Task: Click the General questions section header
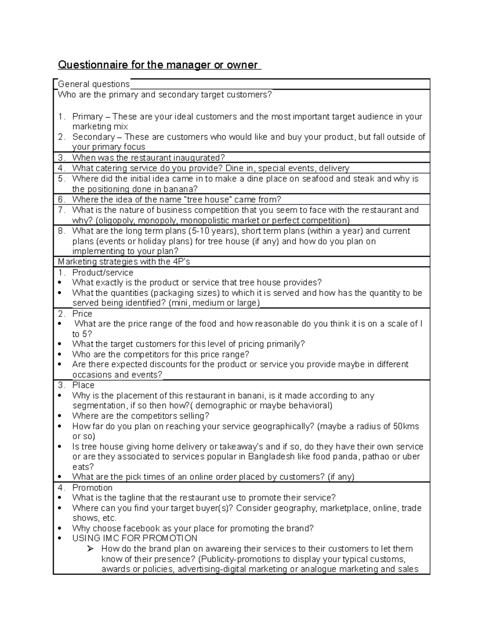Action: click(94, 84)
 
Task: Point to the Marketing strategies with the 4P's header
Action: click(124, 262)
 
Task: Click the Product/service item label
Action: click(102, 272)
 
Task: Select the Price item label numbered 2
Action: click(82, 313)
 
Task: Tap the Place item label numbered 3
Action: click(83, 385)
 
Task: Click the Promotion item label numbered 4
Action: click(92, 488)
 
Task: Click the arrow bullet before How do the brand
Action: click(91, 549)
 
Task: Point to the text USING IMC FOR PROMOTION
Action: click(134, 538)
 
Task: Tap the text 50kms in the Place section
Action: click(406, 426)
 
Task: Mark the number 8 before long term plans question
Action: click(61, 231)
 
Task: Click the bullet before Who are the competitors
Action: click(61, 355)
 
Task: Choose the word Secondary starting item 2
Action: click(93, 137)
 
